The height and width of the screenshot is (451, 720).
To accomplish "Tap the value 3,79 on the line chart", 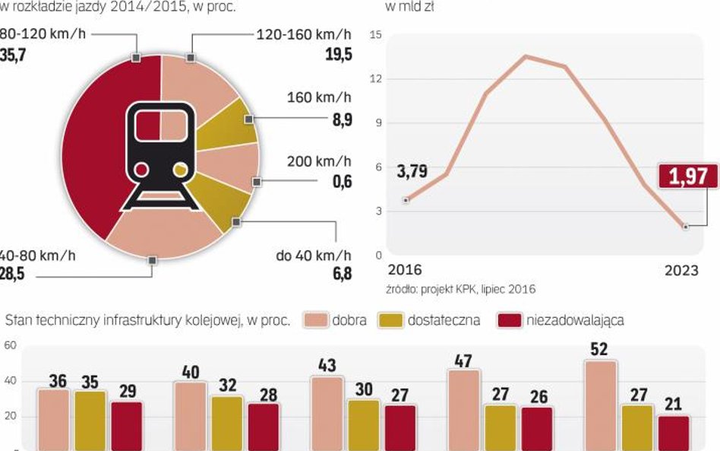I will click(412, 172).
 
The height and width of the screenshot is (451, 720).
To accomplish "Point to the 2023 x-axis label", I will click(681, 271).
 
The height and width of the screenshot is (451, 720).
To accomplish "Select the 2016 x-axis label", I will click(405, 271).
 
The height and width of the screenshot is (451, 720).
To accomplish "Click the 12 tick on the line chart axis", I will click(377, 79).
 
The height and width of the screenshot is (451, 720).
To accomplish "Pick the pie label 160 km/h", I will click(319, 98).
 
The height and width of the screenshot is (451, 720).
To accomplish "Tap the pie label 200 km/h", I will click(319, 161).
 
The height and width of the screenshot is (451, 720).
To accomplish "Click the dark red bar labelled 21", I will click(673, 433).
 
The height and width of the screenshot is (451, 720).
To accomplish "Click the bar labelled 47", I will click(463, 410).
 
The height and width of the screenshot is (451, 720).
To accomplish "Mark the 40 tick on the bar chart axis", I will click(11, 381).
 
